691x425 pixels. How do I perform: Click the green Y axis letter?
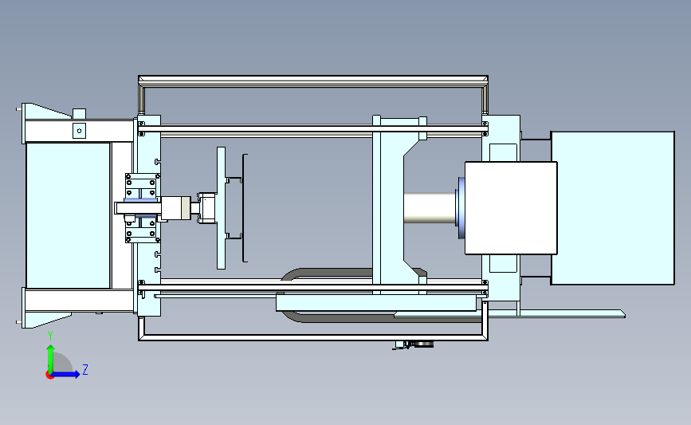(50, 336)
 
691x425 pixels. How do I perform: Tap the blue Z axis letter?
(85, 369)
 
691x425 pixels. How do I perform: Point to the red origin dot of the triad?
(49, 376)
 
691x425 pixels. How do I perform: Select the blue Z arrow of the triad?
(66, 374)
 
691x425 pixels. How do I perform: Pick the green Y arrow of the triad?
(51, 359)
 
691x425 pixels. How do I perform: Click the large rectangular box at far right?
(613, 207)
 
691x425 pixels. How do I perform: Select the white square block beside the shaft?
(511, 208)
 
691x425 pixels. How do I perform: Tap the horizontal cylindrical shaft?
(430, 207)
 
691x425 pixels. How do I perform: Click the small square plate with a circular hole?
(80, 131)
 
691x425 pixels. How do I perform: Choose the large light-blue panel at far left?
(68, 215)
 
